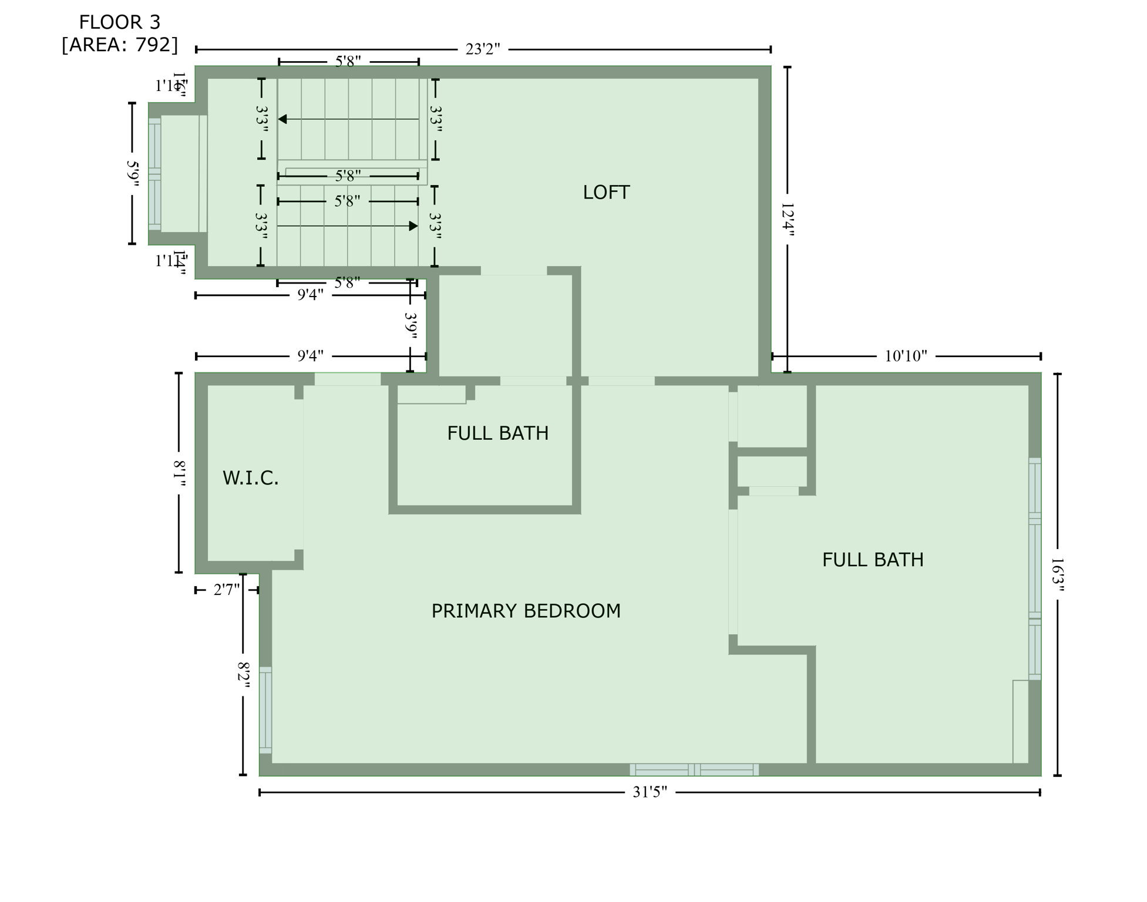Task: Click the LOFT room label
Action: tap(606, 193)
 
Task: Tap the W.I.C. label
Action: tap(250, 478)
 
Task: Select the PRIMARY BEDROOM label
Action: tap(526, 611)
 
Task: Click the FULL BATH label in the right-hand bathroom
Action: tap(872, 560)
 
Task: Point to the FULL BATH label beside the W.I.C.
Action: tap(497, 433)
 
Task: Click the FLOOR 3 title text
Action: tap(119, 22)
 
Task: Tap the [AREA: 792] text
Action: tap(119, 45)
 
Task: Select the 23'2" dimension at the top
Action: tap(482, 49)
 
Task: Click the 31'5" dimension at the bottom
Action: tap(650, 792)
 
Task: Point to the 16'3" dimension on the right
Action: tap(1057, 574)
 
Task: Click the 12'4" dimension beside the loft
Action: tap(788, 220)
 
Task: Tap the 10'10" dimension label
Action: tap(906, 356)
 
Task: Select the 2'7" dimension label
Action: tap(227, 590)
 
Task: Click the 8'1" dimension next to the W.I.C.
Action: tap(179, 473)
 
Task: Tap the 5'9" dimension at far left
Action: tap(133, 174)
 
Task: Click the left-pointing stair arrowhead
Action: tap(282, 119)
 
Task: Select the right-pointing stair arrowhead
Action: tap(413, 226)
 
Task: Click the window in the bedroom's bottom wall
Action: tap(694, 769)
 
